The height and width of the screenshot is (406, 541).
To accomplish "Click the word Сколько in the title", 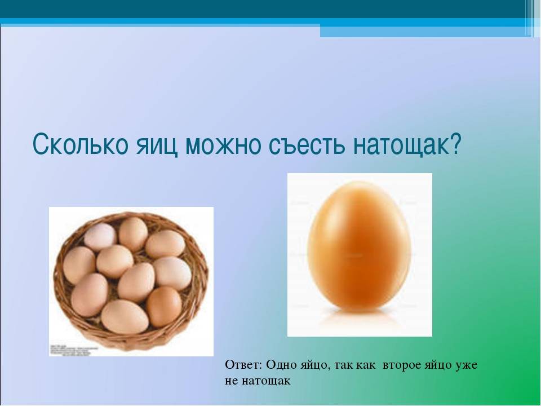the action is coord(81,144).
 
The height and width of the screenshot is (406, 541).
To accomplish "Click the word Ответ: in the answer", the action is coord(244,365).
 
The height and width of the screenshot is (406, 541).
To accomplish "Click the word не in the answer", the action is coord(230,381).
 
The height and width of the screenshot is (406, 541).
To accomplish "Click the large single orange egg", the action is coord(360,245).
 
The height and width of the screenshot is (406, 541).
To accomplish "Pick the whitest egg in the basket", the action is coord(100,236).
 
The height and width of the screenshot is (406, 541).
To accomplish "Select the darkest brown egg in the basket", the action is coord(164,307).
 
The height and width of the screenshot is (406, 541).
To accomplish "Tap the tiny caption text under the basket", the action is coord(71,350).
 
